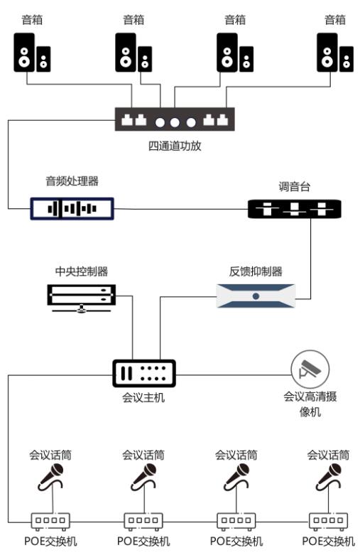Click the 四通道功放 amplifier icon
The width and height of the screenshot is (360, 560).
pyautogui.click(x=175, y=119)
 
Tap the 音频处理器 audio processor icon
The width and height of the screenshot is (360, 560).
pyautogui.click(x=72, y=208)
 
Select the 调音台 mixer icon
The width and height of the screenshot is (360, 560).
pyautogui.click(x=295, y=208)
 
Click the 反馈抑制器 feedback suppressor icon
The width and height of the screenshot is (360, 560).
pyautogui.click(x=256, y=296)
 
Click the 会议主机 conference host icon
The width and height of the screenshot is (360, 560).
pyautogui.click(x=144, y=374)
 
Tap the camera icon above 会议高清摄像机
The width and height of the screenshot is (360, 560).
pyautogui.click(x=310, y=370)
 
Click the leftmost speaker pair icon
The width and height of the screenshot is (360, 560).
pyautogui.click(x=32, y=53)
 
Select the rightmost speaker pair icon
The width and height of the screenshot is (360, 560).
pyautogui.click(x=335, y=53)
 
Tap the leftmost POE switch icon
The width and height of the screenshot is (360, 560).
pyautogui.click(x=50, y=522)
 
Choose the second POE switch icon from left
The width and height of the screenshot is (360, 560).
pyautogui.click(x=143, y=522)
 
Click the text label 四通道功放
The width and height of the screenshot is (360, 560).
pyautogui.click(x=175, y=146)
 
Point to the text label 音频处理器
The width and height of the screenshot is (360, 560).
pyautogui.click(x=72, y=181)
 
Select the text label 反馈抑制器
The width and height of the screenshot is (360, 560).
pyautogui.click(x=256, y=271)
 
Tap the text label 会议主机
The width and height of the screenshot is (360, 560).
pyautogui.click(x=143, y=397)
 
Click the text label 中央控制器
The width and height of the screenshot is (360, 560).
pyautogui.click(x=82, y=271)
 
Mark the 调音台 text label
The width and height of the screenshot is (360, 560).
pyautogui.click(x=295, y=186)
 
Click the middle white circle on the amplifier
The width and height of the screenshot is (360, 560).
pyautogui.click(x=175, y=123)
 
